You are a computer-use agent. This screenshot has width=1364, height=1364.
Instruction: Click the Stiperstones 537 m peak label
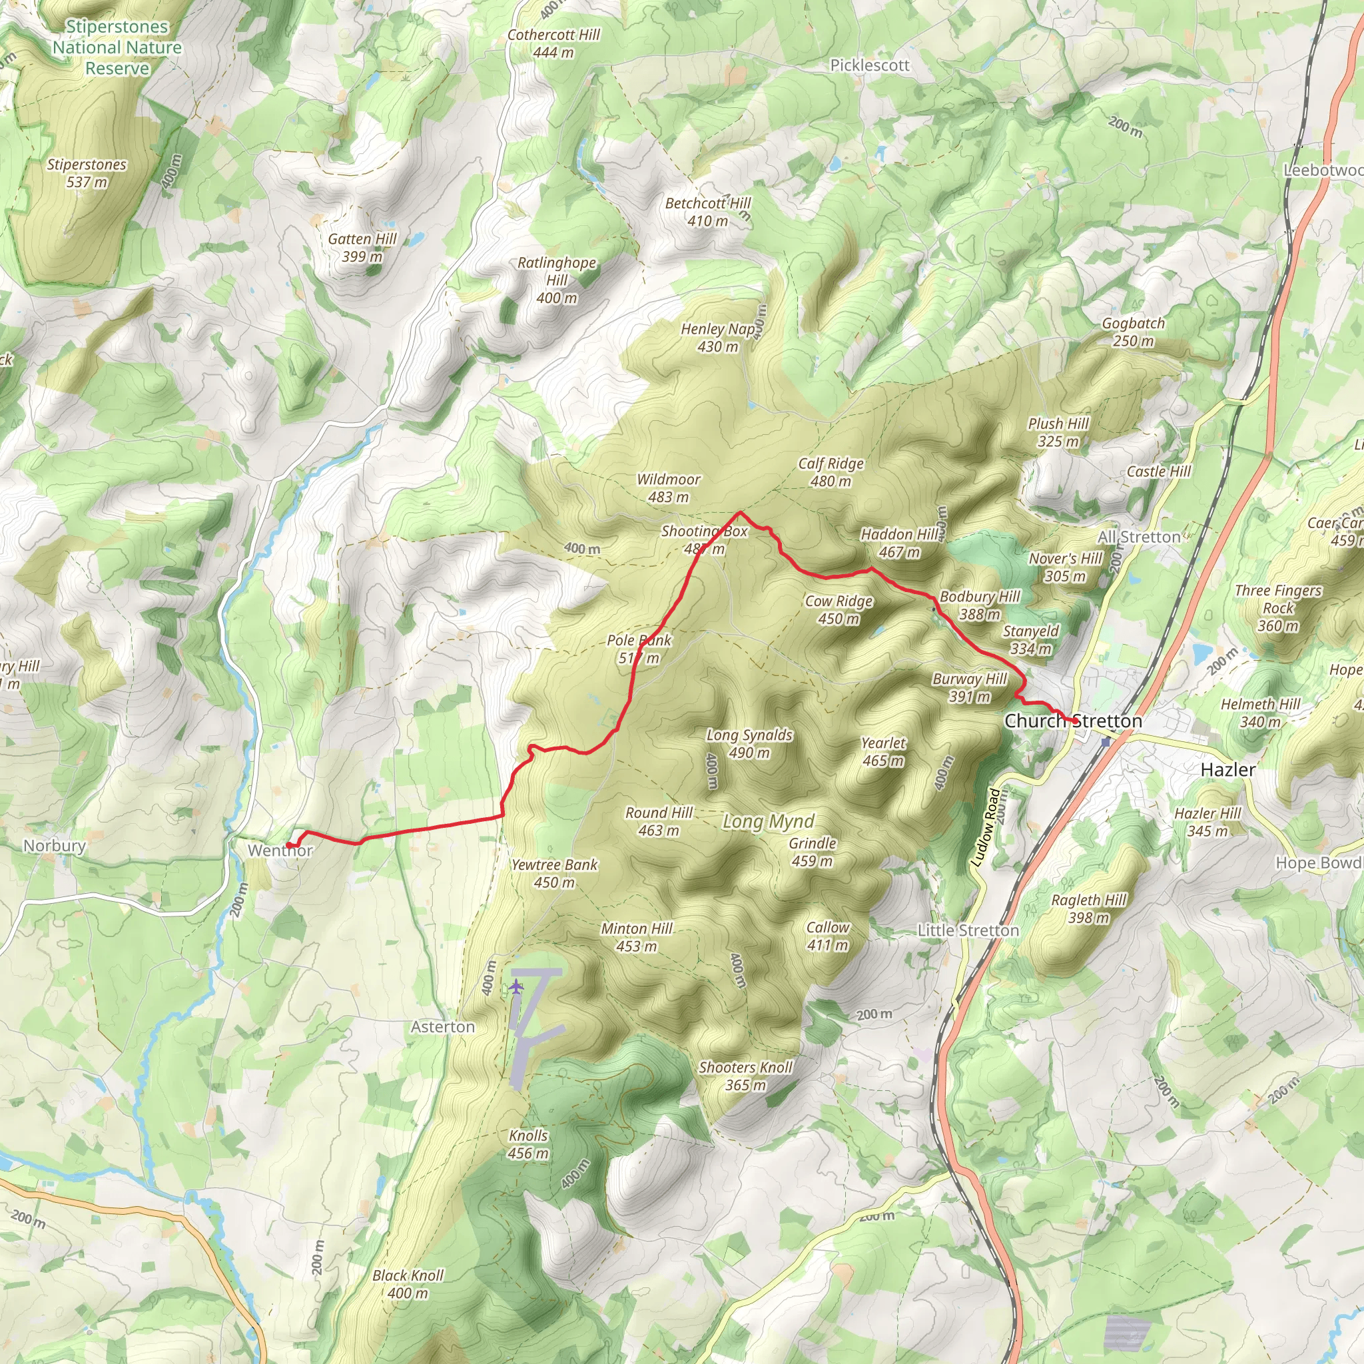[x=86, y=173]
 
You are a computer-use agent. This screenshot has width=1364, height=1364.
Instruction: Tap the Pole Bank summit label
[x=639, y=649]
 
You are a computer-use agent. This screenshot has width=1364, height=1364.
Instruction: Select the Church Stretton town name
[x=1072, y=721]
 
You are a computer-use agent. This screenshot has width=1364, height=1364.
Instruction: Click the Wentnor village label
[x=280, y=850]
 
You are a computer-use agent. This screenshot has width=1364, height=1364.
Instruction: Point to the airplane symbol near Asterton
[x=516, y=986]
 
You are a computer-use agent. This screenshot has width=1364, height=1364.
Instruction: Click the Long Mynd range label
[x=768, y=821]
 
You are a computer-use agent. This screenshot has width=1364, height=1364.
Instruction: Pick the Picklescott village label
[x=869, y=65]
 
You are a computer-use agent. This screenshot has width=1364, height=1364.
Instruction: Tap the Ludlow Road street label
[x=986, y=827]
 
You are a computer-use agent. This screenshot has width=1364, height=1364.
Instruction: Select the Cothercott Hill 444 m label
[x=553, y=43]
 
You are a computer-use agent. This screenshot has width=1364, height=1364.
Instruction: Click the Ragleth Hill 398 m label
[x=1089, y=908]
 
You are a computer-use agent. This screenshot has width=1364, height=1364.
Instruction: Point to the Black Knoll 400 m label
[x=408, y=1284]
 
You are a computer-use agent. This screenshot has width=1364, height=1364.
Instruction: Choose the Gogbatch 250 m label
[x=1133, y=332]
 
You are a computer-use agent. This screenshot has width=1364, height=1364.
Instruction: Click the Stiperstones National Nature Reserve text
[x=117, y=47]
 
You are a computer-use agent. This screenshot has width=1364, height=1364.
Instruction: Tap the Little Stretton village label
[x=968, y=930]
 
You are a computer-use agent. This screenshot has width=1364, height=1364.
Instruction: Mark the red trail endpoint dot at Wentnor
[x=289, y=845]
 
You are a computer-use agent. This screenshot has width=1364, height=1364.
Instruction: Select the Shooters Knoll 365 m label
[x=745, y=1076]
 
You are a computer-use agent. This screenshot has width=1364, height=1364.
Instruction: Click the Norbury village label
[x=55, y=845]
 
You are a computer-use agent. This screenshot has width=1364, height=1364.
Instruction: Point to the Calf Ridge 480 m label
[x=831, y=472]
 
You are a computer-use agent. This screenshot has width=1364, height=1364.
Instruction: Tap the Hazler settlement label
[x=1227, y=769]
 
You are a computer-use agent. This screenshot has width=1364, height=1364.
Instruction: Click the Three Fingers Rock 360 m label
[x=1278, y=608]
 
